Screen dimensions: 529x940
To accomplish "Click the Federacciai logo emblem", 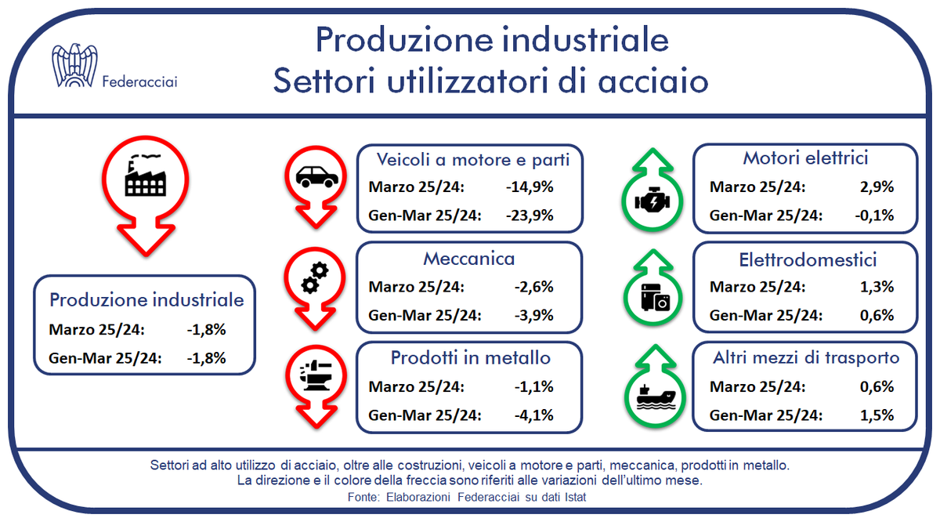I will coord(77,66).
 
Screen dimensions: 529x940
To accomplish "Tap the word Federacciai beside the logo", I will coord(140,81).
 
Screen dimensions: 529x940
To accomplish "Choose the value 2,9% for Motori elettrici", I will coord(877,188).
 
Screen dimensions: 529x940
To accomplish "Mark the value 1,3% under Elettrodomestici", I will coord(877,287).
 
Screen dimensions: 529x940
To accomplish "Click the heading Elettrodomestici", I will coord(808,260).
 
